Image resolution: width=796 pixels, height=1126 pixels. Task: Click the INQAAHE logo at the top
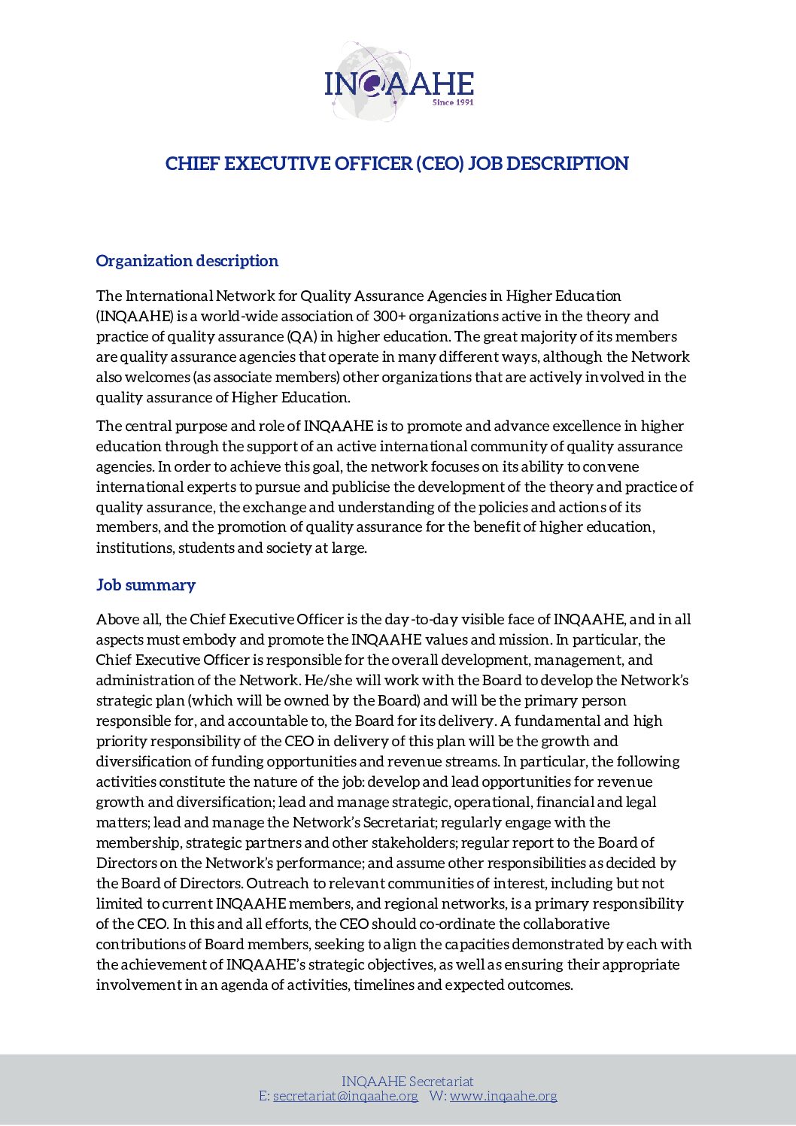coord(399,83)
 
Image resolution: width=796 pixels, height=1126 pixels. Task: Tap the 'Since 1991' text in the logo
coord(453,102)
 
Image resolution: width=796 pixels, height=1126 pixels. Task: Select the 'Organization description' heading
coord(187,261)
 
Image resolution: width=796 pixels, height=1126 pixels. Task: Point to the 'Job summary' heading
coord(145,585)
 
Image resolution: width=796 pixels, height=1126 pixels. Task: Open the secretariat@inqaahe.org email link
coord(345,1096)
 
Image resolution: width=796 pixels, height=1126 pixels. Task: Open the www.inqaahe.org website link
coord(503,1096)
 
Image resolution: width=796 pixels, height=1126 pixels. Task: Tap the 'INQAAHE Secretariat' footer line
coord(407,1082)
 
